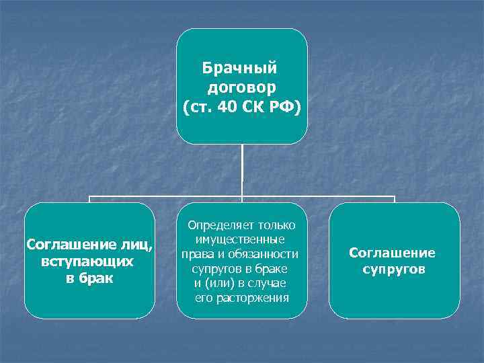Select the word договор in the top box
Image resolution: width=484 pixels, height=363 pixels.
click(x=242, y=87)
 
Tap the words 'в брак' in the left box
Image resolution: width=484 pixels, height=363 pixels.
click(x=89, y=278)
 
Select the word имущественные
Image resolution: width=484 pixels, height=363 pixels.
click(x=240, y=240)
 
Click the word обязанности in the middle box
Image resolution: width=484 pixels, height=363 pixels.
click(x=266, y=255)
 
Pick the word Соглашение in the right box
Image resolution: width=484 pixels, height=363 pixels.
click(x=392, y=253)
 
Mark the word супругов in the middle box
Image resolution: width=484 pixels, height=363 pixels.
click(x=226, y=269)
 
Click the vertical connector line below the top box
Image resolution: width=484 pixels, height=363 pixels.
click(x=242, y=171)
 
